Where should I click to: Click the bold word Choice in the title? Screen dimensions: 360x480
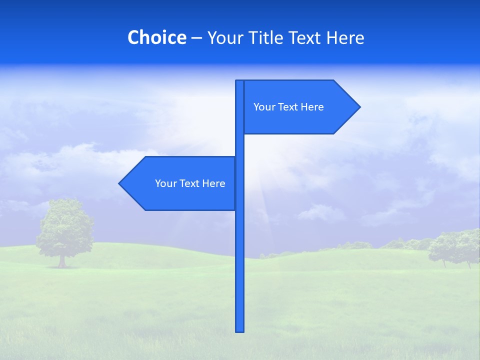pos(156,37)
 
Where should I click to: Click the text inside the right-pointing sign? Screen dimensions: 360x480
pos(288,107)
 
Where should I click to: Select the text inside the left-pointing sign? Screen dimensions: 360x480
pos(190,183)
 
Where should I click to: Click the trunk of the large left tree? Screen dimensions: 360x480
pos(62,261)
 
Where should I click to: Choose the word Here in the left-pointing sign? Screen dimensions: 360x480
pos(214,183)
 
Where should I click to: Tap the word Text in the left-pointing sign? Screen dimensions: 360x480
pos(189,183)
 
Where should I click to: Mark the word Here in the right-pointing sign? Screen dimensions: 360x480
pos(312,107)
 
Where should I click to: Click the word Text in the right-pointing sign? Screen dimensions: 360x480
pos(288,107)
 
